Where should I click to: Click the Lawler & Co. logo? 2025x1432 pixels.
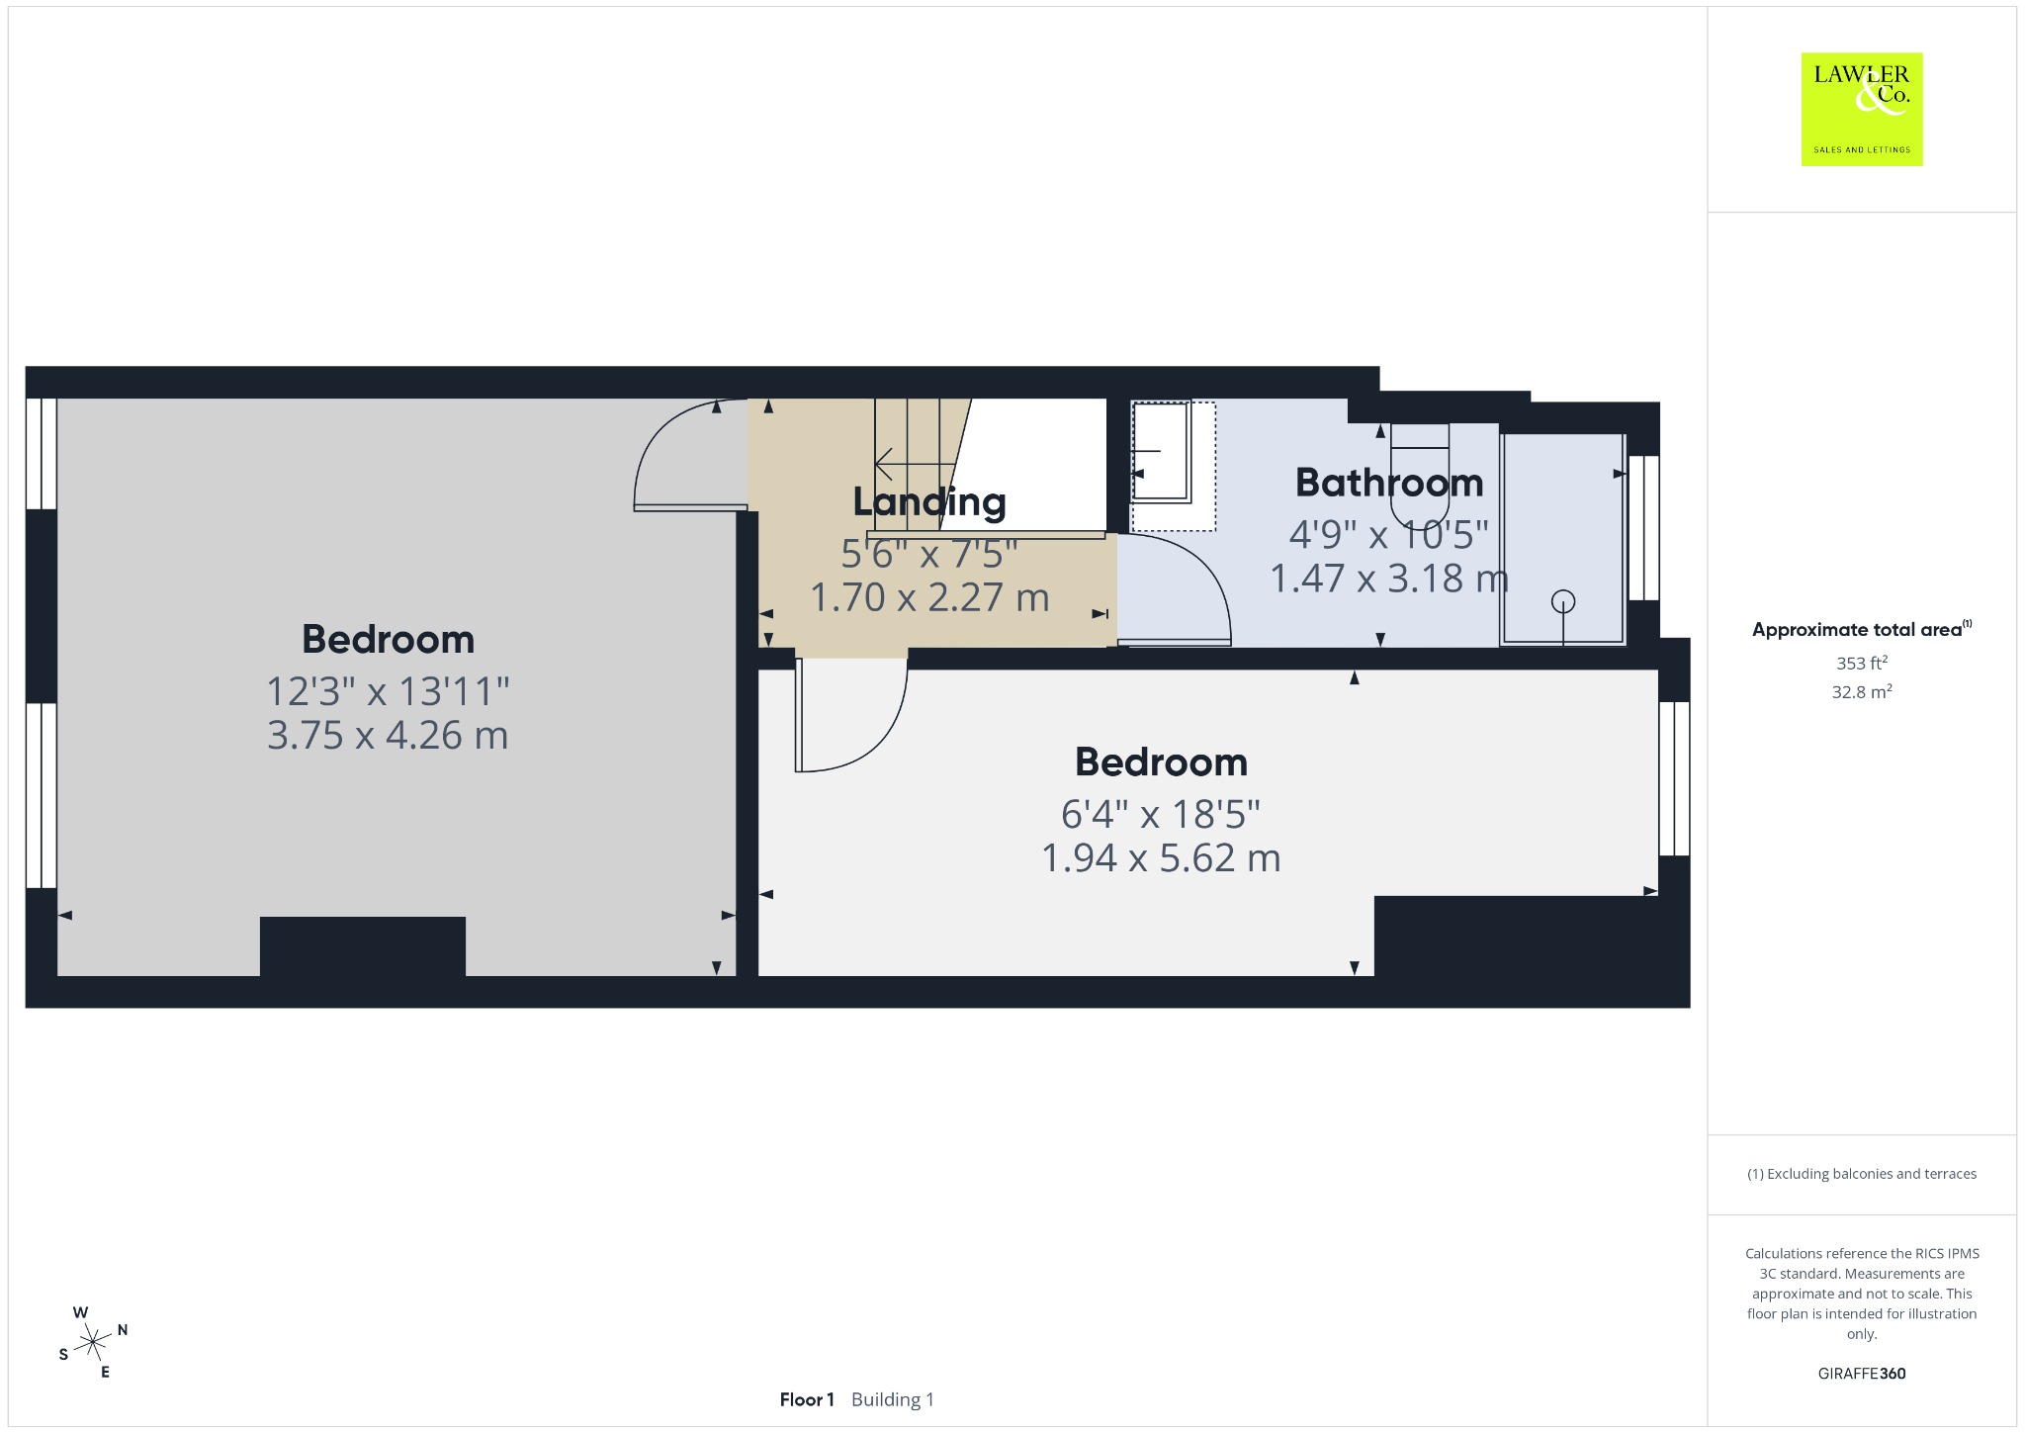pos(1861,109)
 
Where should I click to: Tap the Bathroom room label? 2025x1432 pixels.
pos(1389,483)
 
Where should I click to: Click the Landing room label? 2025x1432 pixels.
pos(929,501)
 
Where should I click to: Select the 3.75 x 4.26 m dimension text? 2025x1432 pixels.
pos(388,735)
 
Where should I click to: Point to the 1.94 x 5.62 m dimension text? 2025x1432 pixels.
pos(1161,857)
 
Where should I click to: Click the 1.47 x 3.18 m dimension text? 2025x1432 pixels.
pos(1389,579)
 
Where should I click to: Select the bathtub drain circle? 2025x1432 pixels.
pos(1563,600)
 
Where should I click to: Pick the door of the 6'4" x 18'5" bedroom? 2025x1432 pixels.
pos(850,714)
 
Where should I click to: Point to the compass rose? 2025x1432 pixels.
pos(93,1342)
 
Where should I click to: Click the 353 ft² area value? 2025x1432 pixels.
pos(1862,663)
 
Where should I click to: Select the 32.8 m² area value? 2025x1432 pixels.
pos(1862,691)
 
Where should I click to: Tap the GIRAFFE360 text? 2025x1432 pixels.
pos(1862,1373)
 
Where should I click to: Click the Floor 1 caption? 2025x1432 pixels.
pos(807,1399)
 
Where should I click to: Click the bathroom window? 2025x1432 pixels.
pos(1643,527)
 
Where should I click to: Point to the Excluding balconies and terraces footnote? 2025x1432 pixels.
pos(1862,1174)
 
